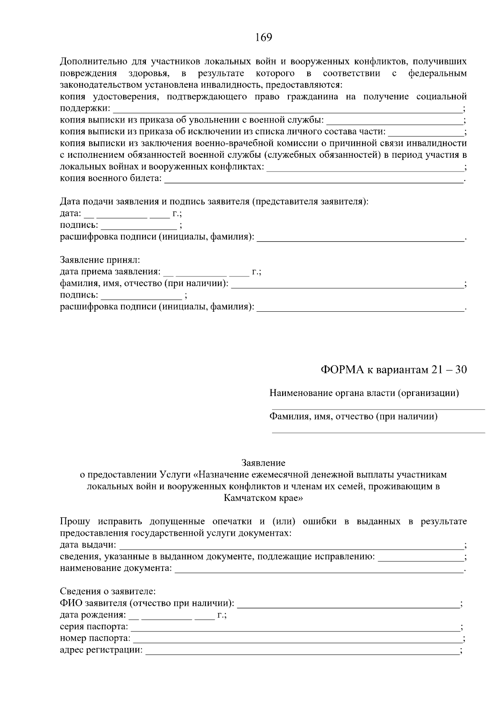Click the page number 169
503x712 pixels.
[x=264, y=38]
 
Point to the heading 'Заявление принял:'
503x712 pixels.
[x=100, y=260]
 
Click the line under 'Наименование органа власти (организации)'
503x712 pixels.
[x=378, y=408]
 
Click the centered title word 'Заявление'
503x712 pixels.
[x=263, y=463]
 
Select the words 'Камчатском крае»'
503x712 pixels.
[x=263, y=498]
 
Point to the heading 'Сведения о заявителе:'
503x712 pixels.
[x=108, y=592]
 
